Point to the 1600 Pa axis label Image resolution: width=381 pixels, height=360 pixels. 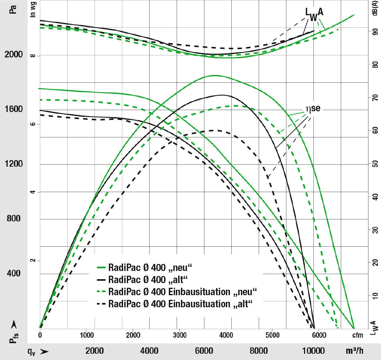click(14, 109)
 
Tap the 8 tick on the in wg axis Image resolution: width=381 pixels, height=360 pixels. click(33, 55)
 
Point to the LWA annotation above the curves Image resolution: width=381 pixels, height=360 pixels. click(314, 14)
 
